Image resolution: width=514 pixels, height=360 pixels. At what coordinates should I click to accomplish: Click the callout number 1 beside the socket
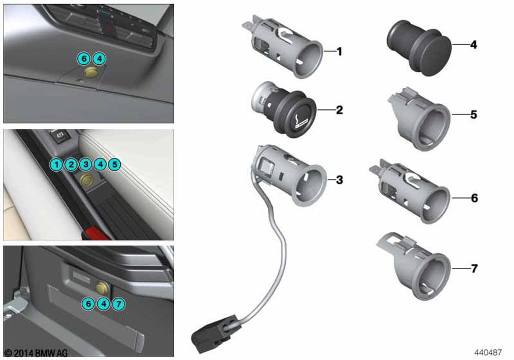pyautogui.click(x=339, y=51)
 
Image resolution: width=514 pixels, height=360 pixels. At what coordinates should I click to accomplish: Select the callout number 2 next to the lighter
pyautogui.click(x=339, y=110)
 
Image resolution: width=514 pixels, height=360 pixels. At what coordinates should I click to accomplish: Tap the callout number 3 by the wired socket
pyautogui.click(x=339, y=179)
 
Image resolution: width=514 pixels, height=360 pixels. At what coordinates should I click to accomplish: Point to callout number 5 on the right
pyautogui.click(x=474, y=114)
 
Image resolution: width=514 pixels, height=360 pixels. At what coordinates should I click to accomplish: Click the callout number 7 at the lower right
pyautogui.click(x=474, y=268)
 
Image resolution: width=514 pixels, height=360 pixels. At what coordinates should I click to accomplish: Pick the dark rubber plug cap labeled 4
pyautogui.click(x=419, y=48)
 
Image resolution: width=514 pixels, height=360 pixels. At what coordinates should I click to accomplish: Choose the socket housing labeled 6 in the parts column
pyautogui.click(x=410, y=192)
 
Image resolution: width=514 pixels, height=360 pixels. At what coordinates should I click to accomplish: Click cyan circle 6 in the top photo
pyautogui.click(x=84, y=59)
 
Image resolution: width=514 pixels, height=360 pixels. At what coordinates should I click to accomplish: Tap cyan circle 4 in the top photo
pyautogui.click(x=99, y=59)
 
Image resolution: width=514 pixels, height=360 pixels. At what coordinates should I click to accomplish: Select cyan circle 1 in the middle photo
pyautogui.click(x=57, y=164)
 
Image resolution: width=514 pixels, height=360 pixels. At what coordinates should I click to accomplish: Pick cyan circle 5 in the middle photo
pyautogui.click(x=115, y=164)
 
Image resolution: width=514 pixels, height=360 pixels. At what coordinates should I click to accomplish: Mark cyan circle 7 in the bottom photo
pyautogui.click(x=118, y=304)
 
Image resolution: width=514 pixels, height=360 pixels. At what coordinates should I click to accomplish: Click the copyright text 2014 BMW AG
pyautogui.click(x=36, y=353)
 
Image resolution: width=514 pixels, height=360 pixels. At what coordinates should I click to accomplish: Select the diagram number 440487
pyautogui.click(x=488, y=352)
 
